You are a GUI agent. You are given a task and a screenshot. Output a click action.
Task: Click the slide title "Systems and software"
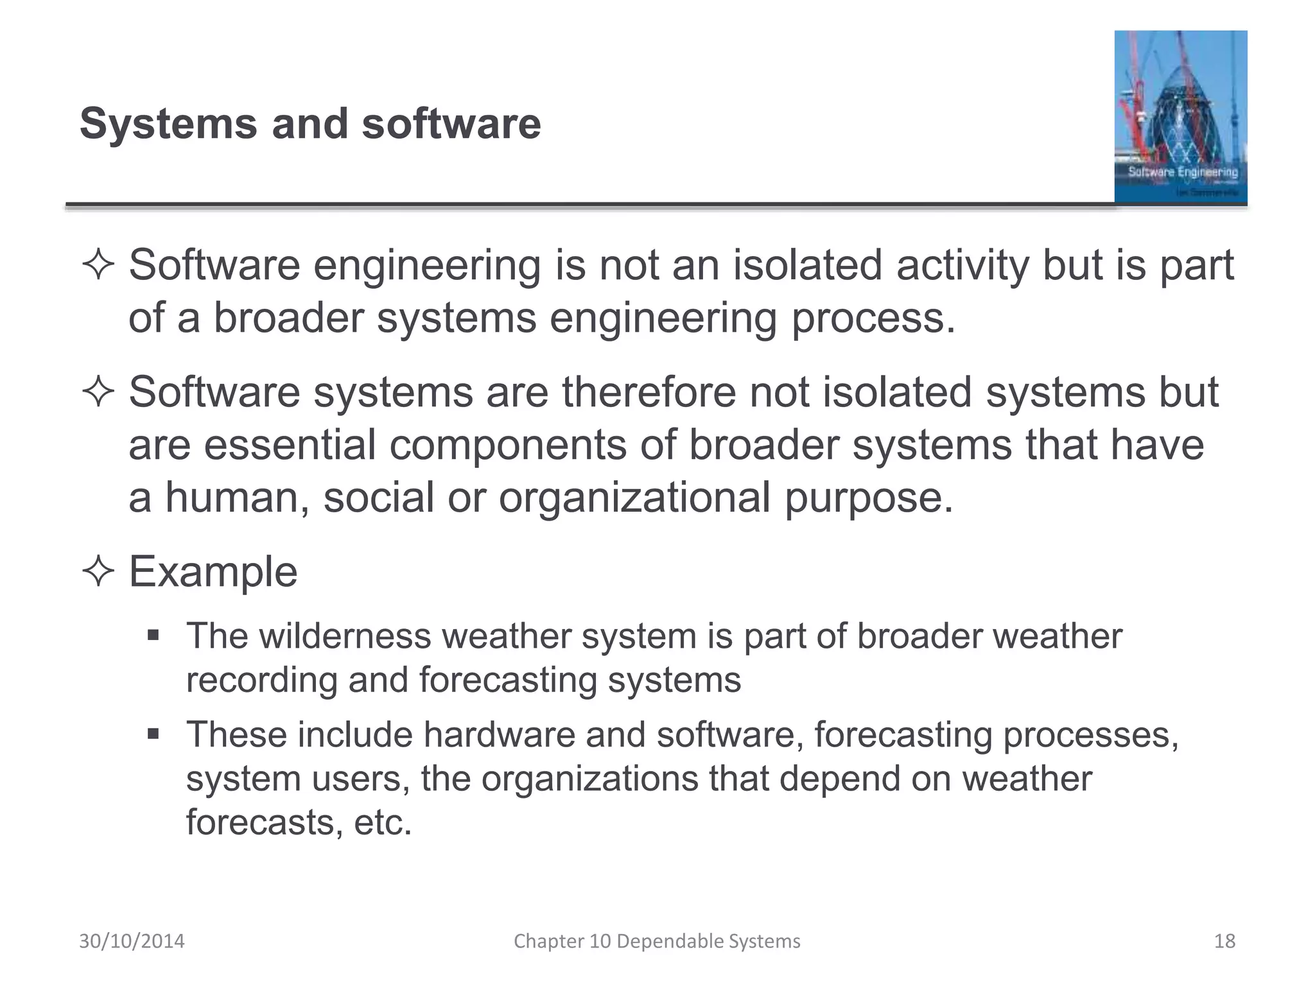[x=310, y=123]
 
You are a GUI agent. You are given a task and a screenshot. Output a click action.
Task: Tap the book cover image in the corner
[x=1180, y=117]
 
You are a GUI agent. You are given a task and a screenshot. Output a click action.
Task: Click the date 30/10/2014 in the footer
[x=132, y=941]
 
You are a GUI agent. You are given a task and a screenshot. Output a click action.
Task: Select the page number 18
[x=1224, y=941]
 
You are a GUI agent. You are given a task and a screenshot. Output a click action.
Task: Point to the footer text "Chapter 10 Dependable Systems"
[x=657, y=941]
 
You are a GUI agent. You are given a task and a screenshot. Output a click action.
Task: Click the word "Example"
[x=213, y=571]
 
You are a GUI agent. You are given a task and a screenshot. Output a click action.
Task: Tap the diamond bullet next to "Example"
[x=98, y=571]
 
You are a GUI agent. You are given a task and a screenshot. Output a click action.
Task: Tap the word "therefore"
[x=649, y=392]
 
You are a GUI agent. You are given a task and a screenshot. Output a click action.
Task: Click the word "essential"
[x=290, y=445]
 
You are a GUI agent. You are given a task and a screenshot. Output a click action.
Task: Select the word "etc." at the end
[x=383, y=822]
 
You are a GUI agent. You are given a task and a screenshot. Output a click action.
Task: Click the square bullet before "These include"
[x=153, y=734]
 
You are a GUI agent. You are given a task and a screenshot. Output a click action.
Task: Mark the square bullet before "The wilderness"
[x=153, y=636]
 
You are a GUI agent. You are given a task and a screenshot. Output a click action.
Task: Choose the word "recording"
[x=261, y=680]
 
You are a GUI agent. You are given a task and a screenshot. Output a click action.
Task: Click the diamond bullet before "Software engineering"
[x=98, y=265]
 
